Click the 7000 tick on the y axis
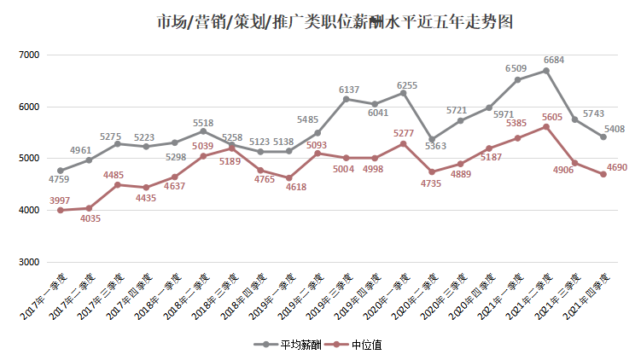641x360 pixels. point(29,55)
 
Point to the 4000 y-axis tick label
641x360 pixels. point(29,211)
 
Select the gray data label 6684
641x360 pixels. point(555,61)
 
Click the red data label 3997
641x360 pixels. point(59,200)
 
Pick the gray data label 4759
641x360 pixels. point(59,180)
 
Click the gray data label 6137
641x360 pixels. point(350,90)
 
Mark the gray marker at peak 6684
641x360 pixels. point(546,71)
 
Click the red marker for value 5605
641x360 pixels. point(546,126)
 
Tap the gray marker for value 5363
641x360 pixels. point(432,139)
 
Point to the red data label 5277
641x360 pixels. point(404,133)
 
